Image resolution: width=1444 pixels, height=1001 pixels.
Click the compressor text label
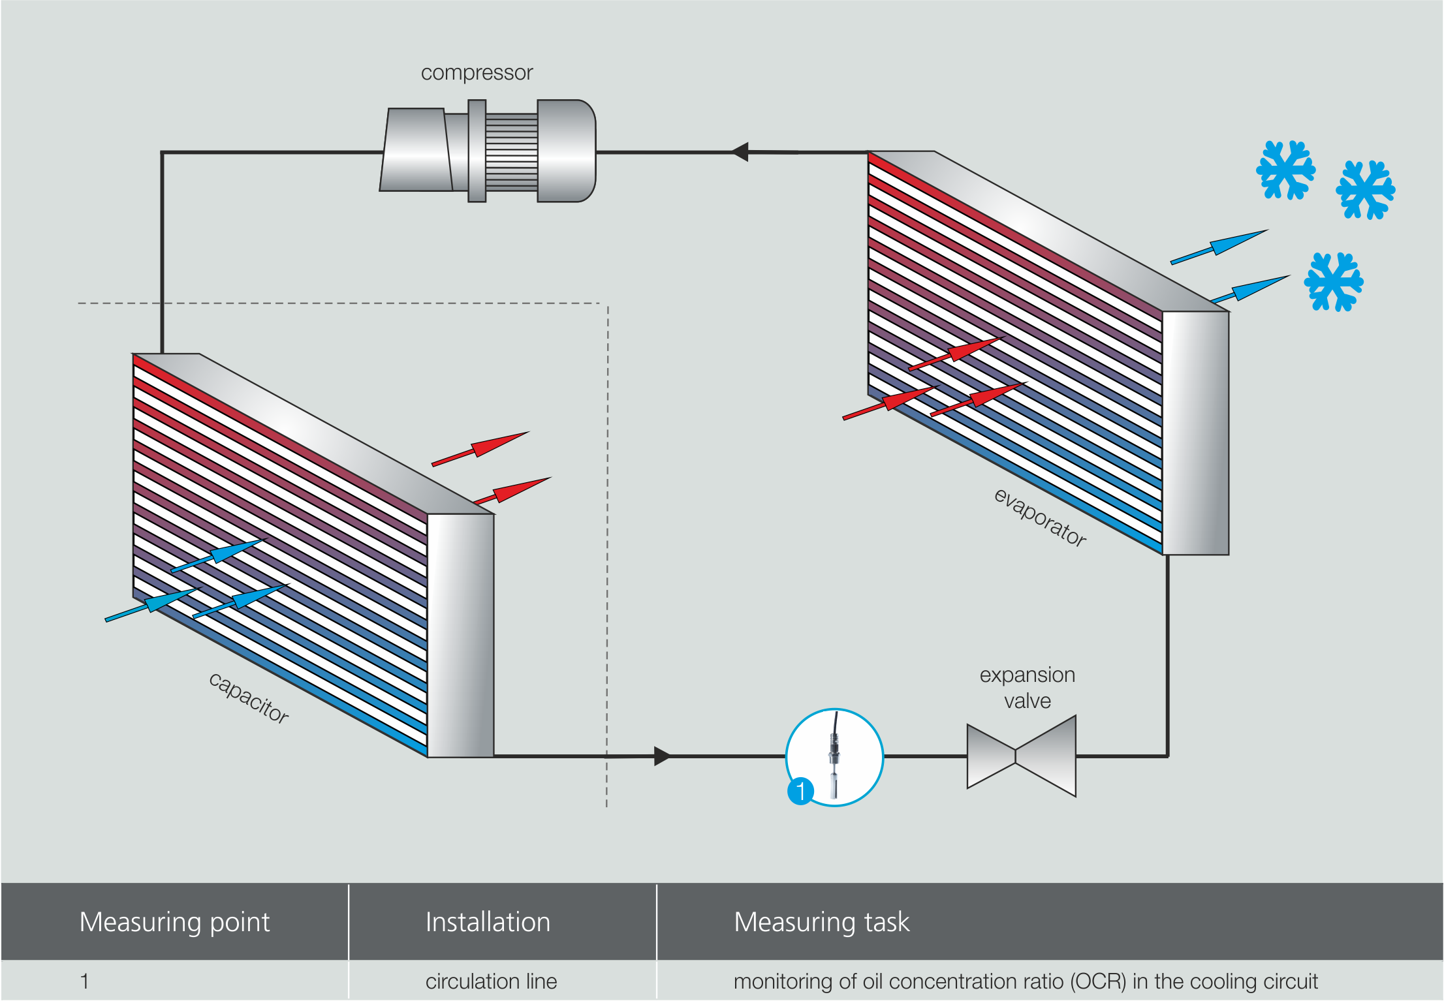coord(477,72)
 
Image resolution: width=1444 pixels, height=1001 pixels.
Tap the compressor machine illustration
coord(488,151)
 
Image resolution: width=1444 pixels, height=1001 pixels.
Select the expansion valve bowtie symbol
coord(1021,756)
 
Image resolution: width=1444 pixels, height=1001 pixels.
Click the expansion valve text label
coord(1027,688)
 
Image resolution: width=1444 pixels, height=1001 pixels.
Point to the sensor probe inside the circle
coord(834,757)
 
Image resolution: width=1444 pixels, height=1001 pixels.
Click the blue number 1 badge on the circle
coord(800,792)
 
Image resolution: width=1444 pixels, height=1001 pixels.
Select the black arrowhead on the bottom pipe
coord(661,756)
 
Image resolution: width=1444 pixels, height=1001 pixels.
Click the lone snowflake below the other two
coord(1333,282)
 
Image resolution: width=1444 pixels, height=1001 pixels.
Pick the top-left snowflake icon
coord(1285,170)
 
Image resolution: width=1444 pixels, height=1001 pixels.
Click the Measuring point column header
coord(174,922)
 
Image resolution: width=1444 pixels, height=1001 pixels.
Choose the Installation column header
coord(488,922)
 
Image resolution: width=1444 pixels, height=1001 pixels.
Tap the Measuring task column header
coord(821,922)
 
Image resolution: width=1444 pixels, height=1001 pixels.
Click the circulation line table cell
coord(491,981)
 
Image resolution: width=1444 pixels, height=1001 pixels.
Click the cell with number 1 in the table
coord(85,981)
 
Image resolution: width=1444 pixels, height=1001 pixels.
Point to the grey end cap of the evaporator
coord(1195,433)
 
